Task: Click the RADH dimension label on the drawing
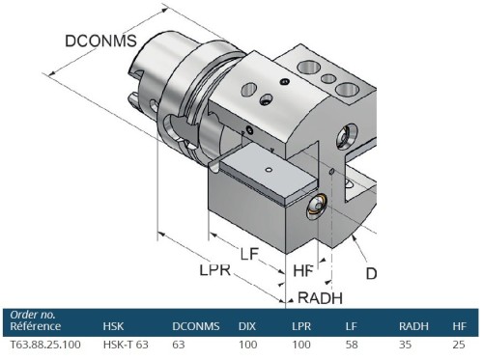[320, 296]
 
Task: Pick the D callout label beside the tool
[371, 273]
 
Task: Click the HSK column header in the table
[115, 326]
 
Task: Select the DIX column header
[247, 326]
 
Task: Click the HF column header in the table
[459, 326]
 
